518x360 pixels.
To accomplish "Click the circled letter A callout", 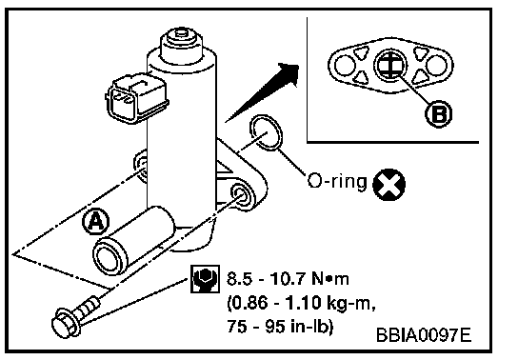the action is tap(95, 221).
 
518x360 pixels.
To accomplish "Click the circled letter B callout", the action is tap(438, 114).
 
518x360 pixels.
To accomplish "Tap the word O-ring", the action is tap(337, 181).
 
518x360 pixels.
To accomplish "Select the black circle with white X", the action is tap(388, 185).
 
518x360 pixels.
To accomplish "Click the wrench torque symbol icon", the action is tap(205, 279).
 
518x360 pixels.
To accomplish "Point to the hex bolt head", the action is tap(65, 324).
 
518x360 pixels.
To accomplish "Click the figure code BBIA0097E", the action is tap(424, 335).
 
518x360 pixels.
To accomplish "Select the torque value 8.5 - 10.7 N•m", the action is tap(288, 279).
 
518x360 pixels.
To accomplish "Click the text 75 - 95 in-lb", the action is tap(280, 327).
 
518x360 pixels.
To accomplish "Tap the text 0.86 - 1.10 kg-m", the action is tap(301, 303).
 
